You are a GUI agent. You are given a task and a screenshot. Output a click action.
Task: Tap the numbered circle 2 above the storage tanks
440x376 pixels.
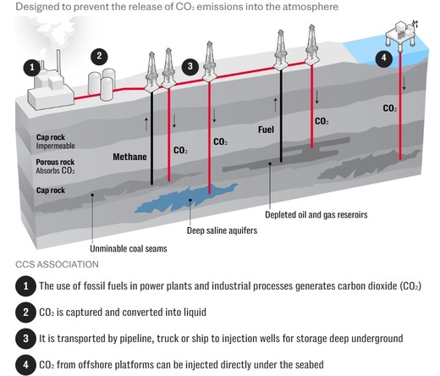tap(99, 56)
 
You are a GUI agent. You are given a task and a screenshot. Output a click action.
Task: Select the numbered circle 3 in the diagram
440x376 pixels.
tap(191, 65)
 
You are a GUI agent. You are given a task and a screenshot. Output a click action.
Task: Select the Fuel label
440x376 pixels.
tap(266, 130)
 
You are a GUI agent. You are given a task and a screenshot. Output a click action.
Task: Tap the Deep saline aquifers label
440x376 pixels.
tap(223, 229)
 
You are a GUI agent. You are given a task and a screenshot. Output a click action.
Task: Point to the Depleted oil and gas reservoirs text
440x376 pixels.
tap(316, 215)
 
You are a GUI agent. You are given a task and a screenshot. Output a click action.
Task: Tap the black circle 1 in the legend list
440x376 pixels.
tap(27, 285)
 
